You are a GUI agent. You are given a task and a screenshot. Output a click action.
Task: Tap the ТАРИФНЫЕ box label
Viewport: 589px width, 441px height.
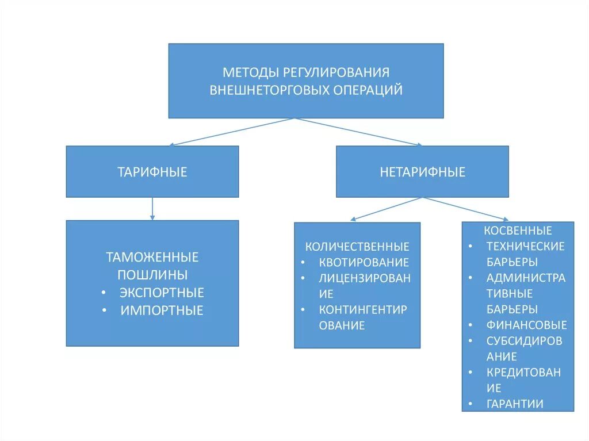[x=152, y=172]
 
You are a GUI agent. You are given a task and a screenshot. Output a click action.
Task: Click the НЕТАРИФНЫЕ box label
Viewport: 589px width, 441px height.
[x=422, y=172]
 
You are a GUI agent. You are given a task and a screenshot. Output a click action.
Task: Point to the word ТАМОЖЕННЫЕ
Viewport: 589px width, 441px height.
[x=152, y=256]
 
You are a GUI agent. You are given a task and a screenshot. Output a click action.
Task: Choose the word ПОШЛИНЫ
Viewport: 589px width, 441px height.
[x=152, y=274]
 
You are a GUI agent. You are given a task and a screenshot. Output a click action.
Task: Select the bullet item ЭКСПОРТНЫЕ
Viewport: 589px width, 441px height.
[x=162, y=293]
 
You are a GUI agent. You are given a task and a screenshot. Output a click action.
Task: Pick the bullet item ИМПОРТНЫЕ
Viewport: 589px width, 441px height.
[x=162, y=310]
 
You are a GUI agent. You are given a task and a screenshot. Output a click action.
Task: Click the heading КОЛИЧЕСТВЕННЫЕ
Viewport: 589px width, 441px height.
[x=357, y=247]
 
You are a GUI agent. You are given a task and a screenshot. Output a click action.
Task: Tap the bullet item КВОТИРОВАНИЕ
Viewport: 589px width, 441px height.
[x=364, y=262]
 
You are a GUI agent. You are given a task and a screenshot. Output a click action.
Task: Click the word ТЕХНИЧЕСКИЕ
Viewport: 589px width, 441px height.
[x=526, y=246]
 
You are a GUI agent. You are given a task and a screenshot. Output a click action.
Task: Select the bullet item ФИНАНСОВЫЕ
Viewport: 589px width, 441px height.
[x=526, y=325]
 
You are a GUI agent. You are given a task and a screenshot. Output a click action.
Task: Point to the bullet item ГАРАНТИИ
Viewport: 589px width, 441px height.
[x=515, y=404]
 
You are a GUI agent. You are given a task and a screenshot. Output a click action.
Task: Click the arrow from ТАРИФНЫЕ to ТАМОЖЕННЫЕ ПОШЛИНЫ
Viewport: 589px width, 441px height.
[x=152, y=209]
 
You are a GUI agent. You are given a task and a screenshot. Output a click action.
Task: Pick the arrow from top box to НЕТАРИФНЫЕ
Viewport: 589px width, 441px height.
[x=359, y=132]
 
